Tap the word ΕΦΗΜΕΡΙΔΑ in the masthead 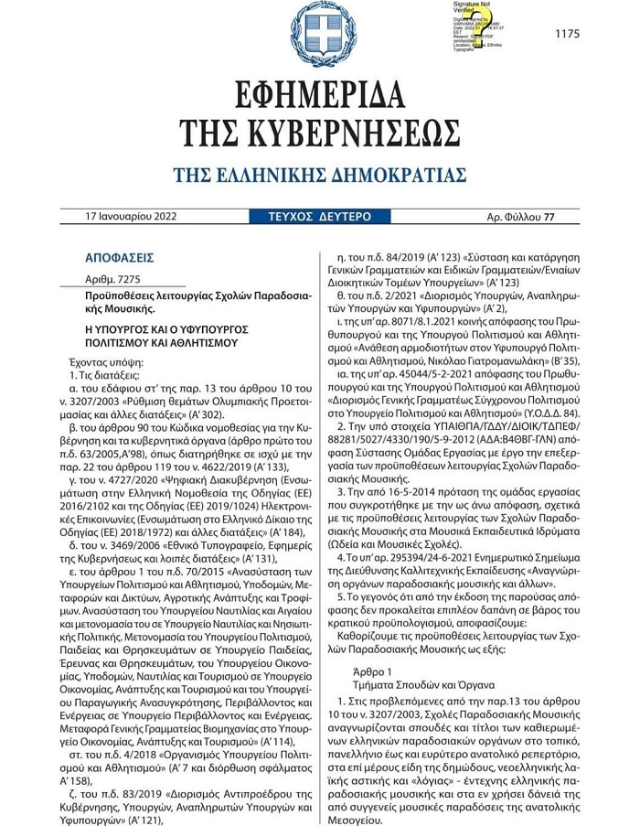pyautogui.click(x=319, y=94)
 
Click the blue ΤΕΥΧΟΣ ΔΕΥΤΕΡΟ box pyautogui.click(x=319, y=217)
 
